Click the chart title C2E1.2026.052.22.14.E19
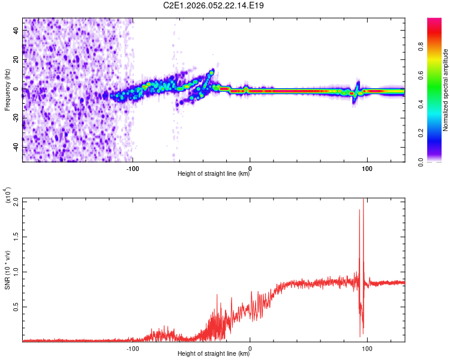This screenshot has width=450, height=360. coord(214,6)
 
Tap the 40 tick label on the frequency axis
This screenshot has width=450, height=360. coord(17,29)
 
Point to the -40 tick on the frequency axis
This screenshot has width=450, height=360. coord(17,147)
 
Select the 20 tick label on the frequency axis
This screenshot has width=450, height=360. coord(17,59)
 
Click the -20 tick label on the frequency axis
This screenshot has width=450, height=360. coord(17,118)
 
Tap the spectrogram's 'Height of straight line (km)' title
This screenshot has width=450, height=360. coord(214,174)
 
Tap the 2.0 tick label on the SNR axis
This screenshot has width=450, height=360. coord(16,202)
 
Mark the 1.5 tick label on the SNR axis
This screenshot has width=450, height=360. coord(16,237)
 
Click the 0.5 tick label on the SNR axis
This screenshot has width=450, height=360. coord(16,307)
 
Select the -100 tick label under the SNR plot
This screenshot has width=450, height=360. coord(133,347)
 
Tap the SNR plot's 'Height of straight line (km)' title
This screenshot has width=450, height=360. coord(214,354)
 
